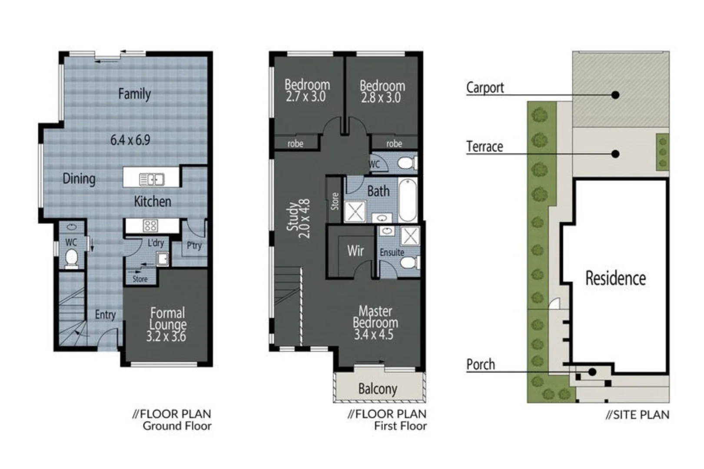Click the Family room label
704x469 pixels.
(134, 94)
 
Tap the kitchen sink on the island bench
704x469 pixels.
(151, 179)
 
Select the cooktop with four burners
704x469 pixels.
(150, 225)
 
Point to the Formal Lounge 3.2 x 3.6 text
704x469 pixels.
(167, 324)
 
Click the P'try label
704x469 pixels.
(194, 246)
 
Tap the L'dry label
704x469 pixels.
(156, 243)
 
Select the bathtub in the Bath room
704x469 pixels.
(407, 200)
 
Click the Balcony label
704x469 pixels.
(378, 389)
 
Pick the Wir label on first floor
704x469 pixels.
(355, 251)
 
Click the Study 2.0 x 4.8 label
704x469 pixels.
(299, 218)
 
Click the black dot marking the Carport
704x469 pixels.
(615, 95)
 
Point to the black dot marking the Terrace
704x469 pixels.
(615, 154)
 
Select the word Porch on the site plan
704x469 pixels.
(480, 364)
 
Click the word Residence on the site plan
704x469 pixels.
(615, 278)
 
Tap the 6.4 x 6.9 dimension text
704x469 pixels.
(130, 140)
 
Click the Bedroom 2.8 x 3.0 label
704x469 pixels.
(382, 91)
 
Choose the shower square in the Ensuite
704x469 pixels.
(409, 236)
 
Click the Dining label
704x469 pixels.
(79, 178)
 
